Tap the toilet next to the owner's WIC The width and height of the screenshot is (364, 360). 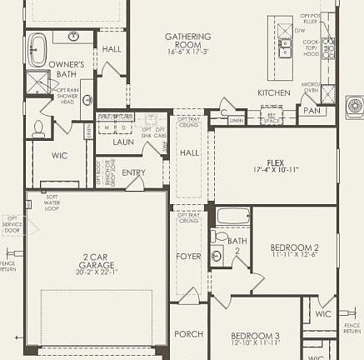38,128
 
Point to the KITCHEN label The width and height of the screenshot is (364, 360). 273,92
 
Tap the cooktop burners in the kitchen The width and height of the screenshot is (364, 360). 329,49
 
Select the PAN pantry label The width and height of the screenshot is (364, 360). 312,110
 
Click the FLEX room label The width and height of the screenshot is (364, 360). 276,164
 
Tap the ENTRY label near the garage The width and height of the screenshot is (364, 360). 133,172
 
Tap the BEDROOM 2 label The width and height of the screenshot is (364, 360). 295,251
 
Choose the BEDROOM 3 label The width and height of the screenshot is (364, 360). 255,339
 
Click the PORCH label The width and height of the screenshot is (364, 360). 188,334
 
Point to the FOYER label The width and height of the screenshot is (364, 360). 188,256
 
